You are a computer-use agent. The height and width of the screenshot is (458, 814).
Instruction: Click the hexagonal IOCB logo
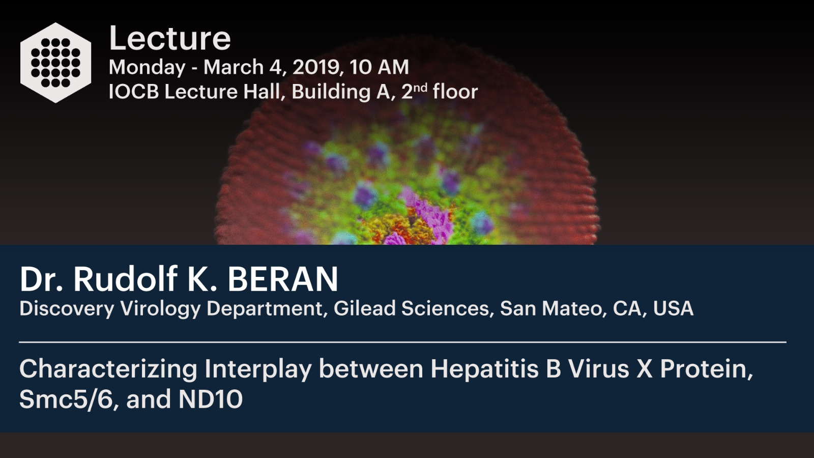coord(55,63)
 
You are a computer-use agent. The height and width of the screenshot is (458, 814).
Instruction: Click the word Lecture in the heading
coord(170,38)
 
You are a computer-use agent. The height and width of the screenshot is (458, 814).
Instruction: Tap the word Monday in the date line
coord(147,68)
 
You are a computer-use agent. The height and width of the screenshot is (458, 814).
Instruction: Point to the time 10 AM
coord(380,67)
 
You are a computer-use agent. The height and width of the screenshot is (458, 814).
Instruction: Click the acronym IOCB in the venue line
coord(134,92)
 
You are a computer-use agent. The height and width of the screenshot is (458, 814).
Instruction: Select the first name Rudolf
coord(125,279)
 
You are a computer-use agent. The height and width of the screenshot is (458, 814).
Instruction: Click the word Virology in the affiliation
coord(160,309)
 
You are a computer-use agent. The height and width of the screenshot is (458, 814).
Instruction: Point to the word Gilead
coord(364,308)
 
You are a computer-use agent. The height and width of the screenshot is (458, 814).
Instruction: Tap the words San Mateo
coord(551,308)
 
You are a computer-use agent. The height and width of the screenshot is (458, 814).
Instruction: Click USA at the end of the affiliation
coord(673,308)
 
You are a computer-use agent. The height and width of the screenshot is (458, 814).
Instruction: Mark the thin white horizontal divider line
coord(402,342)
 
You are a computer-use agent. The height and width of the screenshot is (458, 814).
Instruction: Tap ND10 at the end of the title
coord(211,399)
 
